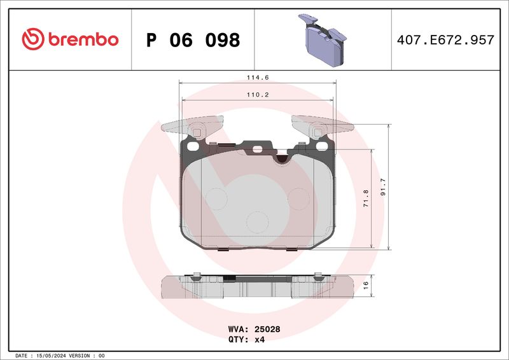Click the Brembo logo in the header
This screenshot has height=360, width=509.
pos(70,39)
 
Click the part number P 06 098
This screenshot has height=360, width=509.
pos(193,40)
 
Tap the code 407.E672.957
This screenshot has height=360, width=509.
pos(445,40)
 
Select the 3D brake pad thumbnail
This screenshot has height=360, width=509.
pos(323,39)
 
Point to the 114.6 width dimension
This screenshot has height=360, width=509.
pos(258,78)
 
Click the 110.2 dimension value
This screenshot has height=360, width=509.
pos(258,95)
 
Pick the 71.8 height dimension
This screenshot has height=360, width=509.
pos(366,198)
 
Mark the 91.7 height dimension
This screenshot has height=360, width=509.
pos(383,187)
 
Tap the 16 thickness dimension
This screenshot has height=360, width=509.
pos(366,286)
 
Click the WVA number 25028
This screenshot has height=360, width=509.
pos(267,329)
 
